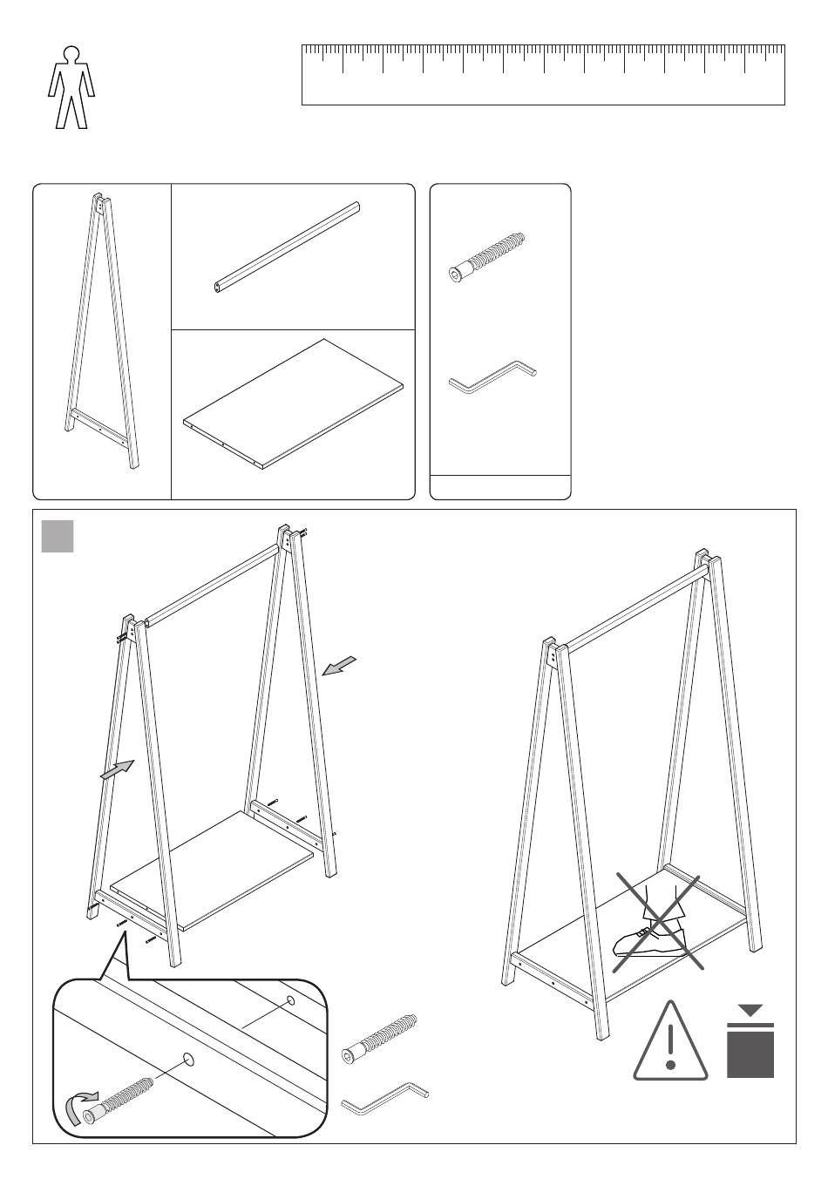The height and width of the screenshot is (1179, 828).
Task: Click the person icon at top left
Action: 71,87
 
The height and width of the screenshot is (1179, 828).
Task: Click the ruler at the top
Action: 543,75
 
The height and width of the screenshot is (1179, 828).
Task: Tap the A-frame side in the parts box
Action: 102,331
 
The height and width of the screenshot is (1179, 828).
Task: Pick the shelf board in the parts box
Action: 295,403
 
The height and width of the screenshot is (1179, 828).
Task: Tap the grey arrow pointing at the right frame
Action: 338,666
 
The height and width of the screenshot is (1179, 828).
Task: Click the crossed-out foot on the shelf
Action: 653,932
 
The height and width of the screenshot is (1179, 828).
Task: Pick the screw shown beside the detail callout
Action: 380,1039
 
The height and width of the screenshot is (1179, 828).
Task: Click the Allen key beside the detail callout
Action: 384,1098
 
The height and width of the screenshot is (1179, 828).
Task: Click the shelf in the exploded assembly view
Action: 214,871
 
